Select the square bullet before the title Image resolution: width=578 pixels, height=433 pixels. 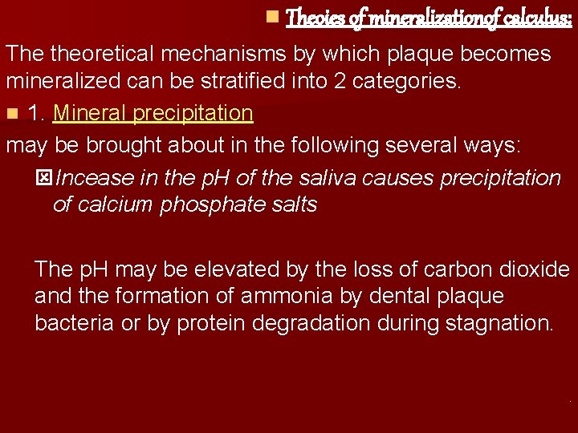272,16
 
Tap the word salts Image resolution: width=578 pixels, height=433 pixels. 291,204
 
